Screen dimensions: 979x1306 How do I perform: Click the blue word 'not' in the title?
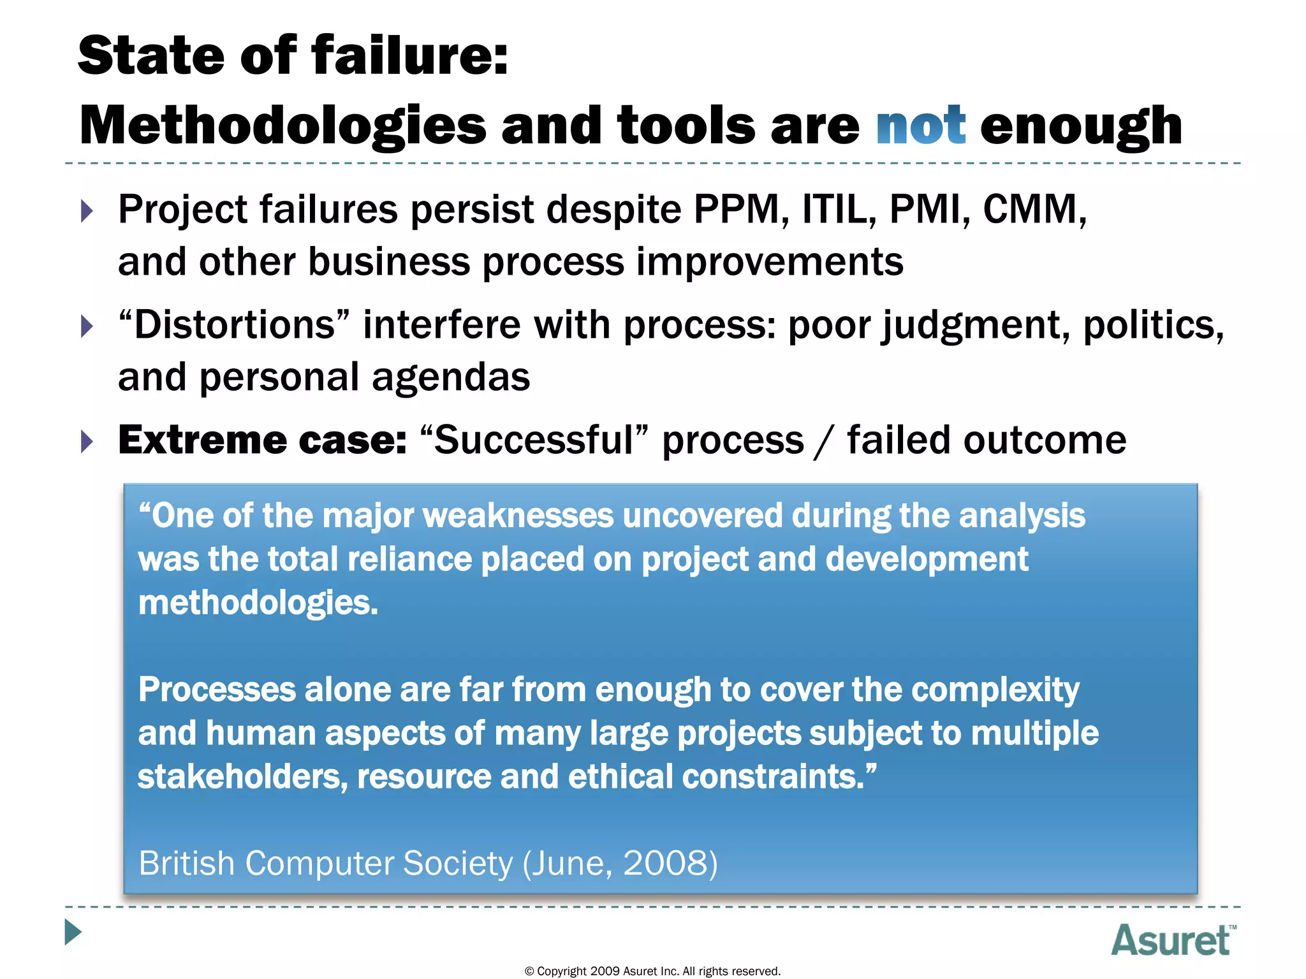tap(920, 126)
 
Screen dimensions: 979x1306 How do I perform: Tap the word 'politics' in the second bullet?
tap(1152, 325)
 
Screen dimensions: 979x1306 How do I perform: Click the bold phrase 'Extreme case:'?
tap(262, 440)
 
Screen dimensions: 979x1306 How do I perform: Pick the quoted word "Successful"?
tap(534, 440)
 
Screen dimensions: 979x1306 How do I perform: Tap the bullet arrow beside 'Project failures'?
tap(87, 211)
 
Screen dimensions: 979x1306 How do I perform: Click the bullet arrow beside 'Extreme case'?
tap(87, 441)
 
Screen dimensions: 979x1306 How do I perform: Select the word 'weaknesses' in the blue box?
tap(517, 516)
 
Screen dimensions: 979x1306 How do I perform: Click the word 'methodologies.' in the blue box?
tap(258, 603)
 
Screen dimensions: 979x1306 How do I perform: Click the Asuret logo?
tap(1172, 940)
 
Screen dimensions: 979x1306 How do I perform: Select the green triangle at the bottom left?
tap(73, 932)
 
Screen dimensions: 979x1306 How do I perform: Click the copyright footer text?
tap(652, 971)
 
